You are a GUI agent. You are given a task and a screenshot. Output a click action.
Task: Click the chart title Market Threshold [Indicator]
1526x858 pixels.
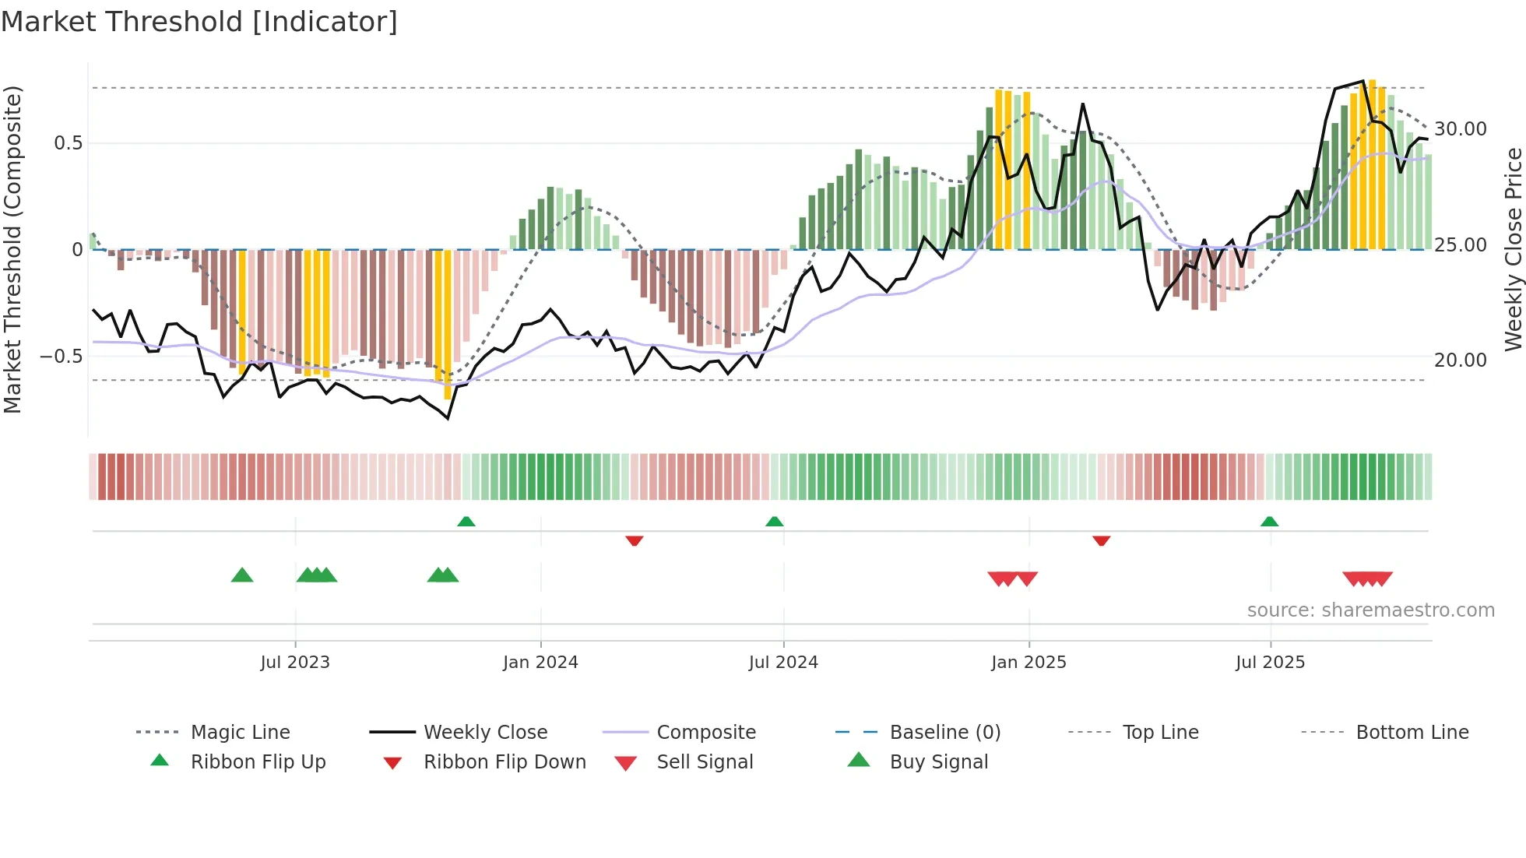(199, 22)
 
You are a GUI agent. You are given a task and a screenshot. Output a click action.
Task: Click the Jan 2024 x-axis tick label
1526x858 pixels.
(540, 663)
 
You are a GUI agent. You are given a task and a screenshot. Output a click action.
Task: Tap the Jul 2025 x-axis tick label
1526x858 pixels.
(1270, 663)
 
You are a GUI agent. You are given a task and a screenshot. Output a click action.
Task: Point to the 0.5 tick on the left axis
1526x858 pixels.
(68, 143)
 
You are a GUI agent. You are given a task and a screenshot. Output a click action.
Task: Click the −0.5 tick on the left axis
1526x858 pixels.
(61, 357)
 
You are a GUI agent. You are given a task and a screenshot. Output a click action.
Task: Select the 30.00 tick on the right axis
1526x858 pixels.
(1460, 129)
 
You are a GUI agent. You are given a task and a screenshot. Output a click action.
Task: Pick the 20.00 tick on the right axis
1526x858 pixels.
(1460, 360)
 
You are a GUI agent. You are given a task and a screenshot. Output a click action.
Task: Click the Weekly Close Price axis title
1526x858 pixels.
(1513, 249)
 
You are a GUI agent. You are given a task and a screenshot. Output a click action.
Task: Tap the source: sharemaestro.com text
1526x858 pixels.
(1370, 610)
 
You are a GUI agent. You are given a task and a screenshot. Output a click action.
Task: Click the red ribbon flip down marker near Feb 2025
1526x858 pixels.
(1101, 540)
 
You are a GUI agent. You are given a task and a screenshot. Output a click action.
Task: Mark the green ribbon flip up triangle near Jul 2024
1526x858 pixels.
(774, 522)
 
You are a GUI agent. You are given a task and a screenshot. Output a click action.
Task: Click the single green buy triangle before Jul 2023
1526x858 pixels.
(242, 576)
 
